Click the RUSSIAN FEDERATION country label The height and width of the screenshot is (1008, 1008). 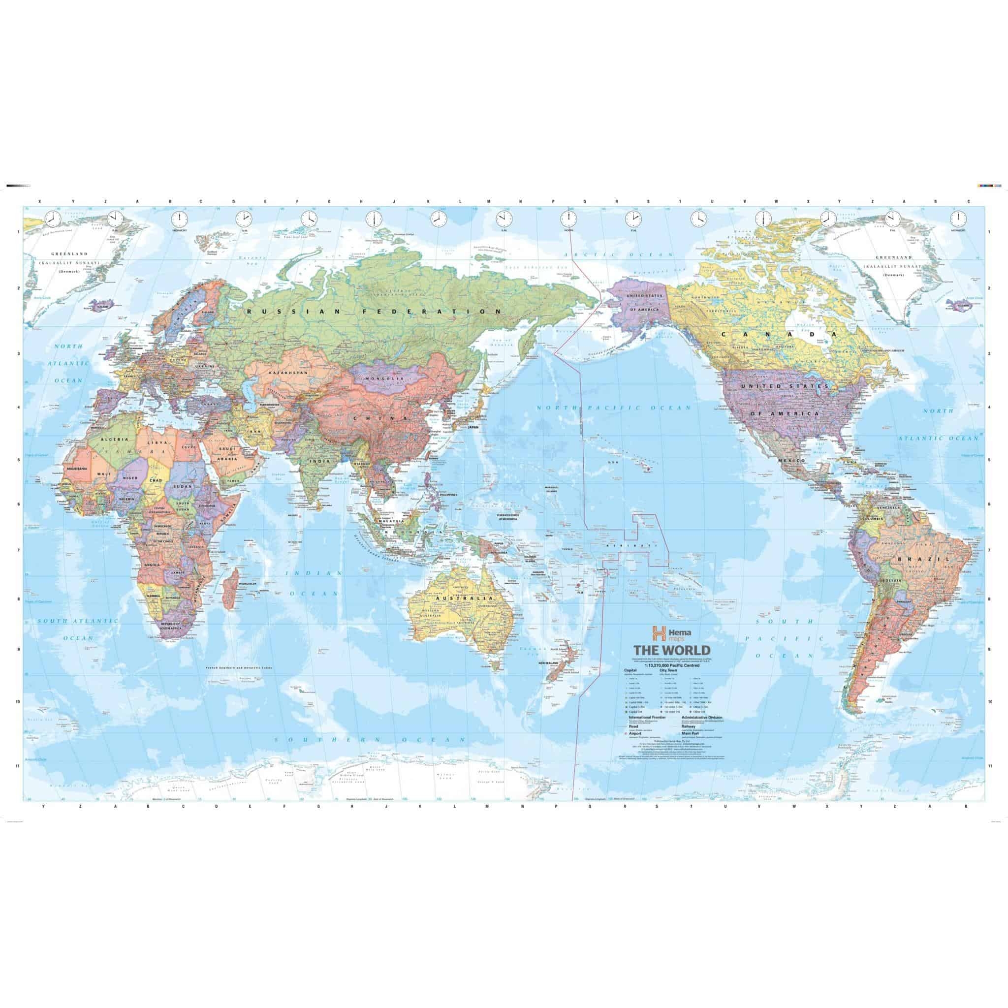[x=374, y=312]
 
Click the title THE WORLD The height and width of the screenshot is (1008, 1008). [x=671, y=650]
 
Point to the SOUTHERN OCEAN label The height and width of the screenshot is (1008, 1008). [x=370, y=739]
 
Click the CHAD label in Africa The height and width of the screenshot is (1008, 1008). [x=156, y=479]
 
